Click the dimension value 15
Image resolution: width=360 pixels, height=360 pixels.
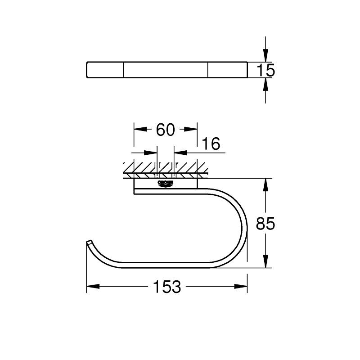point(265,70)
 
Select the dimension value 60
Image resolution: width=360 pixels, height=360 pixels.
point(165,130)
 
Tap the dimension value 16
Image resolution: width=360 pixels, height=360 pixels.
point(211,144)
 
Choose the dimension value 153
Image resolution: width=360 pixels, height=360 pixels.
point(166,287)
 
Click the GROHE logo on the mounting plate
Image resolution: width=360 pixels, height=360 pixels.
point(165,183)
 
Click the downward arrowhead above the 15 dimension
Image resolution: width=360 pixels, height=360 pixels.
point(265,57)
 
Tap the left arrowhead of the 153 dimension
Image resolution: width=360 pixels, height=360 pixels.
point(91,287)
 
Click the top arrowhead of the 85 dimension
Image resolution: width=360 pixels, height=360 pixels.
point(265,184)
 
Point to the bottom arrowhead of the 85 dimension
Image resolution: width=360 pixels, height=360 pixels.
point(265,263)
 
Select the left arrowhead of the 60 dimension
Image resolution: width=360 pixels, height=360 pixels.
point(139,130)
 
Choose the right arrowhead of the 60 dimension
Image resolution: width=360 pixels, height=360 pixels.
point(192,130)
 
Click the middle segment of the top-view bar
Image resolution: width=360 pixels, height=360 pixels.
point(166,70)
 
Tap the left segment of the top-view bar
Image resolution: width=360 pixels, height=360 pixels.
point(104,70)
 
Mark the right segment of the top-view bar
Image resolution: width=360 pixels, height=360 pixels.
point(227,70)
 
